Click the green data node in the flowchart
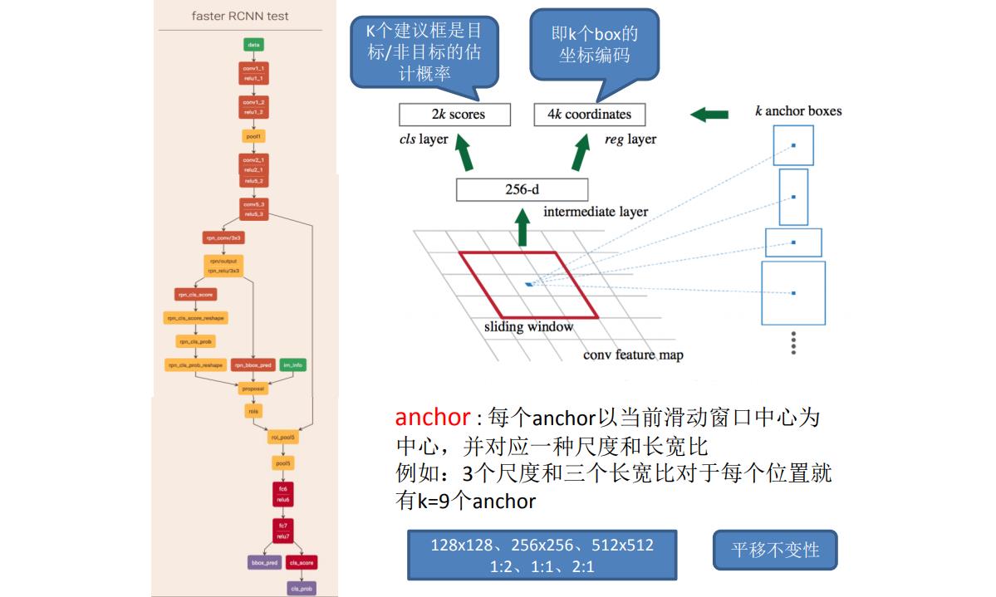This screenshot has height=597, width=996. pos(253,44)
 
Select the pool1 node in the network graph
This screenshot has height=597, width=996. pos(253,135)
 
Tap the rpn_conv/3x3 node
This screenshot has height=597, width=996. pos(224,237)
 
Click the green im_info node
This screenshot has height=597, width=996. pos(292,365)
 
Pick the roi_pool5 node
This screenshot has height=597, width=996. pos(282,437)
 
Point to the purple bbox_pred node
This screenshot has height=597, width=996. pos(263,562)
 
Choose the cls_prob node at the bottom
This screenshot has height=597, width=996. pos(301,588)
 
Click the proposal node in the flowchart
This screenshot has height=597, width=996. pos(253,388)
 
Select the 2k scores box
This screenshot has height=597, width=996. pos(454,115)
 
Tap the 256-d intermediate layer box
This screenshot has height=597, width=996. pos(522,189)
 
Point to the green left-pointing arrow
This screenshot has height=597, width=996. pos(709,114)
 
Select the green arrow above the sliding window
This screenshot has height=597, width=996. pos(522,228)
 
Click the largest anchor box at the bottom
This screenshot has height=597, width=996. pos(793,293)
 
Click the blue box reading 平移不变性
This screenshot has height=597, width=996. pos(774,550)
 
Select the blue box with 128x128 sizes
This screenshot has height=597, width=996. pos(542,555)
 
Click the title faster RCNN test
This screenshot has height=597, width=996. pos(240,16)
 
